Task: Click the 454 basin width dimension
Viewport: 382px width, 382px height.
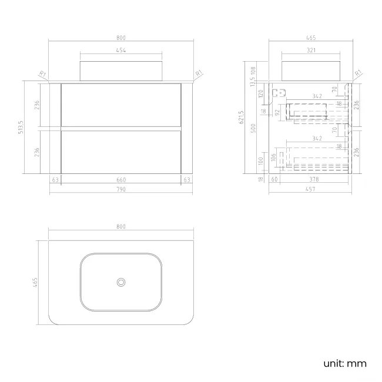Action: (121, 50)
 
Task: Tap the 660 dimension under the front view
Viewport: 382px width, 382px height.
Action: (121, 180)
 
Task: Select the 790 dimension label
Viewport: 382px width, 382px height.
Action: (121, 189)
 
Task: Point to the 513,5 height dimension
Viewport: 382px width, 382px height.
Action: (21, 127)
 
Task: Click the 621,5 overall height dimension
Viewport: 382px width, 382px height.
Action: (241, 117)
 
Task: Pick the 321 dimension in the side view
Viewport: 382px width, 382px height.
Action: (311, 50)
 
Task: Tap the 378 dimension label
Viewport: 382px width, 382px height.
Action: (314, 179)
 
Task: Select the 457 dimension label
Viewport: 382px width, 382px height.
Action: (310, 189)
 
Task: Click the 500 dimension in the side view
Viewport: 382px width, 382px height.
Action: (253, 128)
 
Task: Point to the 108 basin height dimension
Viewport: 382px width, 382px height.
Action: (253, 71)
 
